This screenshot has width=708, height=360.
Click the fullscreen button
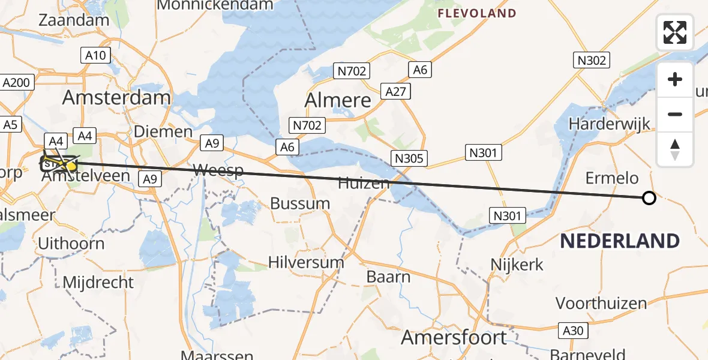[675, 32]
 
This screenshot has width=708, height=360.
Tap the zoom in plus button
[675, 80]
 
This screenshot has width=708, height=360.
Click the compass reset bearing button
[675, 149]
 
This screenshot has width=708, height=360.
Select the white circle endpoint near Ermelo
[649, 198]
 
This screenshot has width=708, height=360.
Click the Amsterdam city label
[116, 98]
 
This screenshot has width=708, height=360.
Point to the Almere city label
[338, 100]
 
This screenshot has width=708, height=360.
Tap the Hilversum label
[306, 262]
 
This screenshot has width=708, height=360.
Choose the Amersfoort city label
[454, 338]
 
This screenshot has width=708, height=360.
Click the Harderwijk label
[610, 124]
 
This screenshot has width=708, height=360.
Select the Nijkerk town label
[517, 264]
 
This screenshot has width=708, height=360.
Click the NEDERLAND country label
[620, 241]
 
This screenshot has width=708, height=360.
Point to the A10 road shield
[95, 56]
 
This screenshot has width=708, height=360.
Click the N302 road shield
[593, 60]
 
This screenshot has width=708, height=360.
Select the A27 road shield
[396, 92]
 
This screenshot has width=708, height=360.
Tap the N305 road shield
[410, 159]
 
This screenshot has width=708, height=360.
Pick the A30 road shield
[574, 331]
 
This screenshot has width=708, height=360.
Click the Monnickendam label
[215, 5]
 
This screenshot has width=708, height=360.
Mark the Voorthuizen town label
[601, 303]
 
